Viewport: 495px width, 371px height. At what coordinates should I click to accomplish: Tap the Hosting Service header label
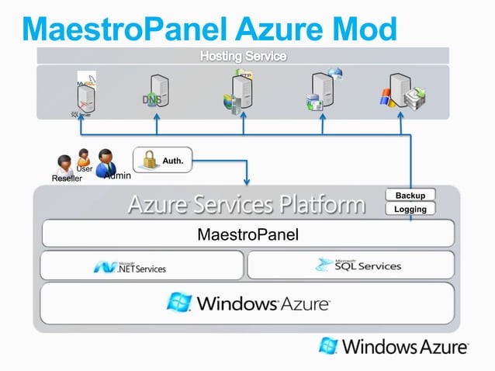pos(243,57)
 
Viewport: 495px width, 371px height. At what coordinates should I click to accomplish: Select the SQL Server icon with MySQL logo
pos(85,94)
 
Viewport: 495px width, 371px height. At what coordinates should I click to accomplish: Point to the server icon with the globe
pos(324,90)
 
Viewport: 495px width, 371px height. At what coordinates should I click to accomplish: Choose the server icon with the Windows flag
pos(400,92)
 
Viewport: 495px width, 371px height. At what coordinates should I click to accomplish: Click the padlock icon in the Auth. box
pos(147,160)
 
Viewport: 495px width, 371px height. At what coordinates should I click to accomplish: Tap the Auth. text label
pos(173,161)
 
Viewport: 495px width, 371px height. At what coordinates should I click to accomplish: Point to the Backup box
pos(410,195)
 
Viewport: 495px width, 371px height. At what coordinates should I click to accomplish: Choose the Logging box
pos(410,209)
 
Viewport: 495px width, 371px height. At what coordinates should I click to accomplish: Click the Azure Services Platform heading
pos(246,205)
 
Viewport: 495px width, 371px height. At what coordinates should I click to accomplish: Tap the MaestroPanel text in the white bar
pos(247,234)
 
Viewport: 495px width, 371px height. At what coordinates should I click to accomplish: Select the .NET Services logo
pos(130,266)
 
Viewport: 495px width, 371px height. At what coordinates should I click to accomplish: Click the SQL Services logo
pos(358,265)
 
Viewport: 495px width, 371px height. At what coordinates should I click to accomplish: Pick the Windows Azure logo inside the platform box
pos(247,303)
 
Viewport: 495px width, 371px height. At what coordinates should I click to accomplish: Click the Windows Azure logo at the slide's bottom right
pos(394,347)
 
